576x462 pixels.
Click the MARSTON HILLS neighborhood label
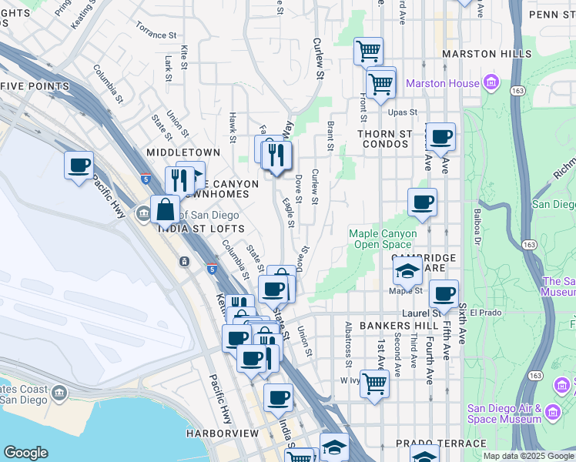click(x=487, y=54)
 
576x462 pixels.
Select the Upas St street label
click(x=402, y=112)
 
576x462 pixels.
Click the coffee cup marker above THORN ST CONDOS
click(x=440, y=138)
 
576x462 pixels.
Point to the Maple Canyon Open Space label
click(x=383, y=239)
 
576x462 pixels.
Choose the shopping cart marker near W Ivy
click(x=374, y=383)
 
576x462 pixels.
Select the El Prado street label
click(x=485, y=313)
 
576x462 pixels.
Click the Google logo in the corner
click(x=25, y=453)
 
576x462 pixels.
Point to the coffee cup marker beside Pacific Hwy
click(x=79, y=166)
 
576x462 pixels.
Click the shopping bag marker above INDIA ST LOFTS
click(x=165, y=208)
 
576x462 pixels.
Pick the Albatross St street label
click(x=349, y=344)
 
